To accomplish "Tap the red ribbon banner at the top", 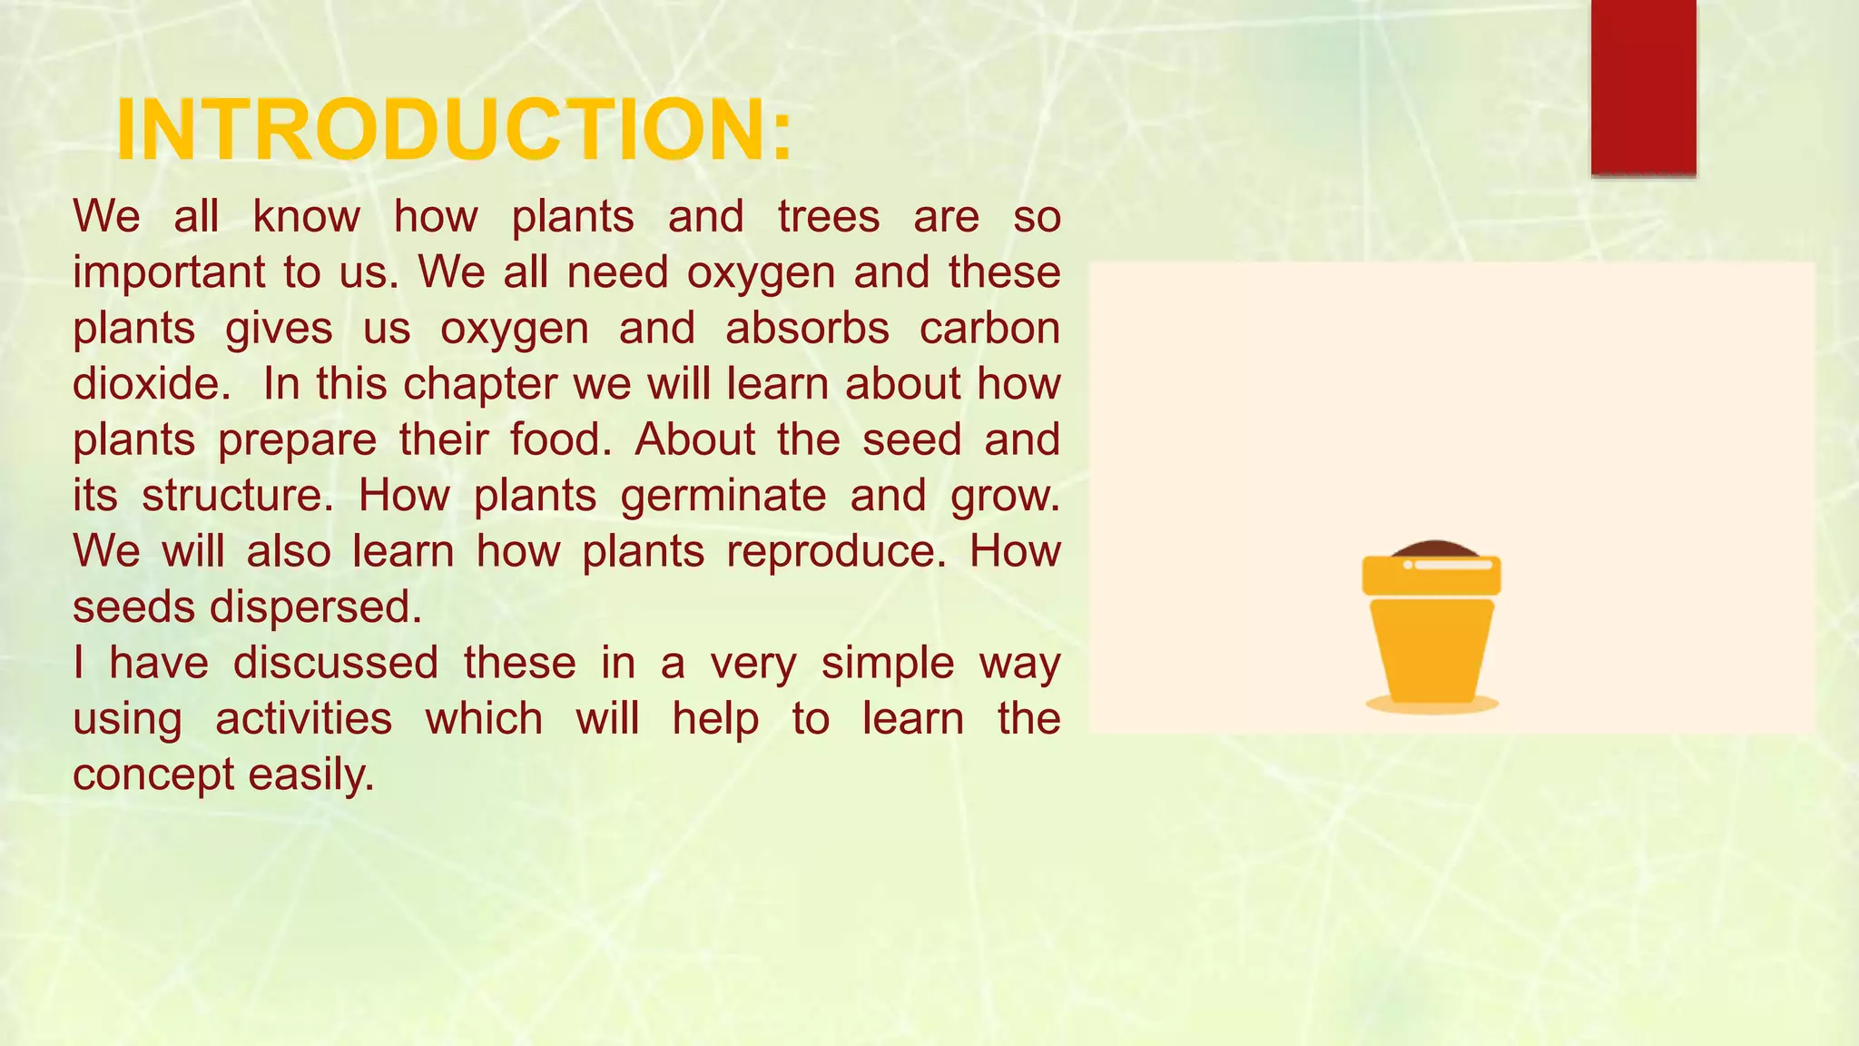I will click(x=1643, y=86).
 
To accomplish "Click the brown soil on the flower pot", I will click(x=1431, y=548).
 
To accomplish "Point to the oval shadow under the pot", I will click(x=1431, y=706).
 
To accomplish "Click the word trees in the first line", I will click(x=828, y=217).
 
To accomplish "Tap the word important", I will click(x=169, y=273).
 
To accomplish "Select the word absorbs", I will click(x=807, y=329).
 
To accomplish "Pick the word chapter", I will click(x=479, y=384).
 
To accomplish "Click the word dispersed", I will click(x=315, y=607).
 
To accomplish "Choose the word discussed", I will click(x=336, y=663).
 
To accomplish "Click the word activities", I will click(x=303, y=719).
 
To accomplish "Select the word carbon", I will click(x=989, y=329).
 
